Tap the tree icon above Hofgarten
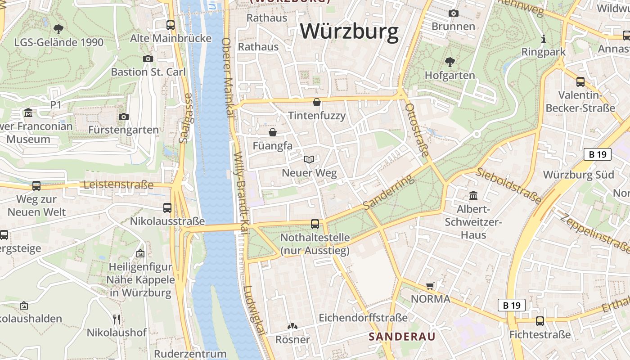[x=450, y=62]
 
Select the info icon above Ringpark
[x=543, y=39]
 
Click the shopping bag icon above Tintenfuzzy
[x=317, y=102]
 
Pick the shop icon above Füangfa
[x=272, y=132]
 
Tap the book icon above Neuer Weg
[x=309, y=159]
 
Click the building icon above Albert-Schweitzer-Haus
[x=473, y=196]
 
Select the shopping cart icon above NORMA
[x=430, y=286]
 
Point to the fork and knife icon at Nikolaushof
[x=117, y=319]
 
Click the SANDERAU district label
[x=402, y=337]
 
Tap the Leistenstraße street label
[x=119, y=185]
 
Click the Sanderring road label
[x=388, y=192]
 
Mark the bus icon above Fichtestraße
[x=540, y=321]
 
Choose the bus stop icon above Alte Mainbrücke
[x=171, y=25]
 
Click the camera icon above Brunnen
[x=453, y=13]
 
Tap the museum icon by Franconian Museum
[x=29, y=112]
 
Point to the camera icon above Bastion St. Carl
[x=148, y=58]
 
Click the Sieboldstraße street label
[x=508, y=185]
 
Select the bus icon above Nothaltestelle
[x=315, y=224]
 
